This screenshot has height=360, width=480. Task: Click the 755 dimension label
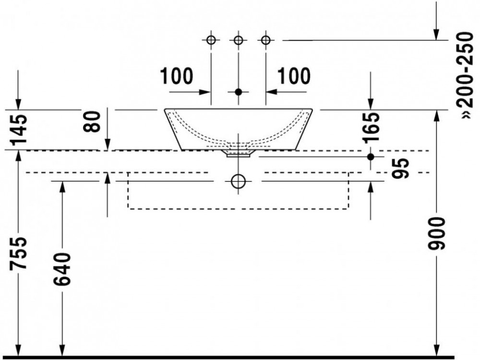[18, 253]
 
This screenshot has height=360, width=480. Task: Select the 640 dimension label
[62, 269]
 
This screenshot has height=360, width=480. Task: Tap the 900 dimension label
[436, 233]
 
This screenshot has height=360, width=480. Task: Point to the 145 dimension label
[18, 130]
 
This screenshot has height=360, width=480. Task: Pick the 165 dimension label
[371, 128]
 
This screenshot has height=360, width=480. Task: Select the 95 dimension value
[401, 168]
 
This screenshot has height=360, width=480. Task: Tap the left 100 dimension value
[177, 76]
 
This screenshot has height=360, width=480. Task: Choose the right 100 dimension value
[294, 76]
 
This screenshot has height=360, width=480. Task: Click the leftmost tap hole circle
[211, 40]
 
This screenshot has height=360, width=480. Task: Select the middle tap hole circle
[239, 40]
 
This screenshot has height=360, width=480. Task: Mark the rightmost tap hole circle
[266, 40]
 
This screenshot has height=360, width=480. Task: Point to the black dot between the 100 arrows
[239, 92]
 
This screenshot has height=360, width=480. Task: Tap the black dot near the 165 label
[371, 157]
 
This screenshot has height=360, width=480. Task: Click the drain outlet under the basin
[239, 154]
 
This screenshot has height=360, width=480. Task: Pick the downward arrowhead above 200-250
[436, 35]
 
